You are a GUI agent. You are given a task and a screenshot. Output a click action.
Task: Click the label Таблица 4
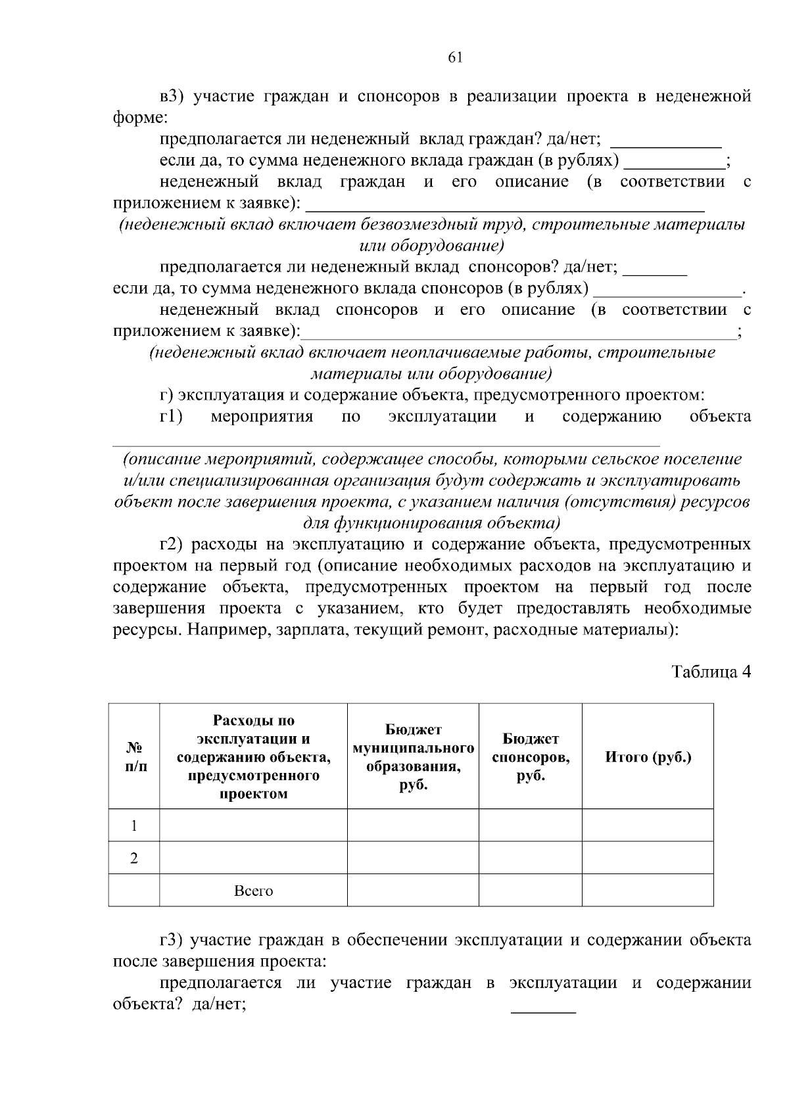pos(710,672)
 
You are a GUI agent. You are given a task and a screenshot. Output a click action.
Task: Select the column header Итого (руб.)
pos(648,757)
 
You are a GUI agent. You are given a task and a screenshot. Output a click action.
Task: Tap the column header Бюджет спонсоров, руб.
pos(531,757)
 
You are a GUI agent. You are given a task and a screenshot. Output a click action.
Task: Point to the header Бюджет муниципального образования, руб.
pos(413,757)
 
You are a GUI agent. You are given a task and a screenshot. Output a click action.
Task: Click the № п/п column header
pos(134,757)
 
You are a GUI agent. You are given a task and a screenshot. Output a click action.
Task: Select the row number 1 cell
pos(134,825)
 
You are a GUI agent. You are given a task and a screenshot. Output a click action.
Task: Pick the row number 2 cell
pos(134,858)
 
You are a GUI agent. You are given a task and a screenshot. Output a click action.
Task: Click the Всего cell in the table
pos(253,891)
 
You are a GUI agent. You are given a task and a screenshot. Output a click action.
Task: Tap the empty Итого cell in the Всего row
pos(648,891)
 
